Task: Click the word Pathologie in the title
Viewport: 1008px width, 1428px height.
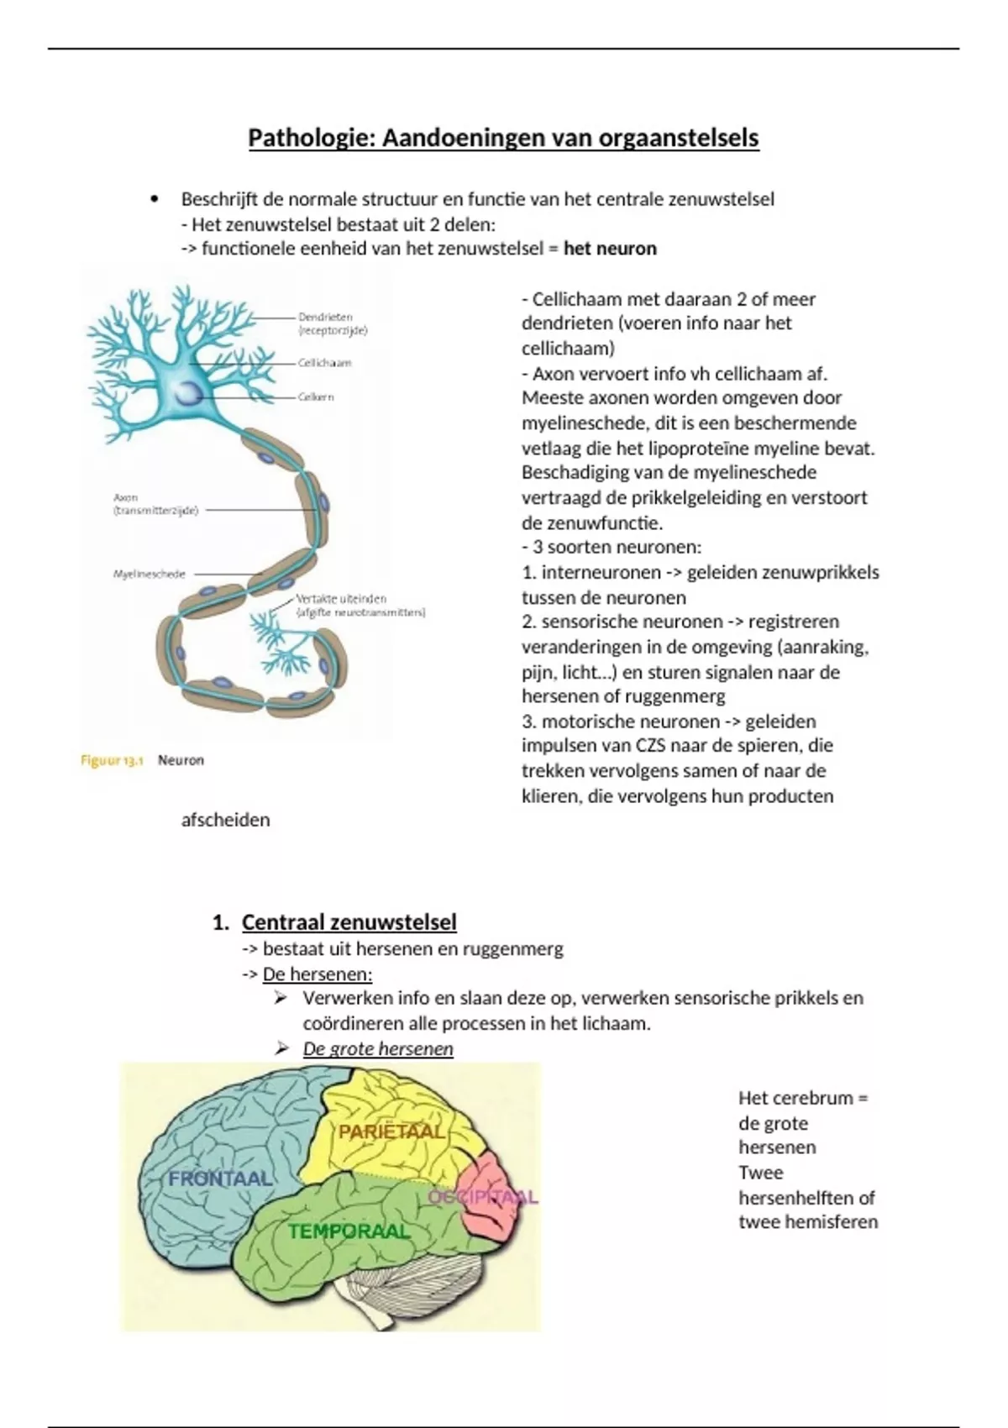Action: coord(311,138)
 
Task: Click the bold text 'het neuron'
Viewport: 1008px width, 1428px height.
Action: coord(610,249)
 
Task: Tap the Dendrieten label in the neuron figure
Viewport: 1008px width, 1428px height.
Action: coord(325,318)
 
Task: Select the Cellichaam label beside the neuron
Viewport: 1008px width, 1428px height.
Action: coord(324,363)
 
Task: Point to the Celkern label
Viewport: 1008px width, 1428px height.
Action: coord(316,396)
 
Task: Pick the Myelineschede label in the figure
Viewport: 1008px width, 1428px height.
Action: coord(149,575)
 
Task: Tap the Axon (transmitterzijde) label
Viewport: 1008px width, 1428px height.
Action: coord(155,504)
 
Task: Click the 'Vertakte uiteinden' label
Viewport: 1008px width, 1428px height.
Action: coord(341,599)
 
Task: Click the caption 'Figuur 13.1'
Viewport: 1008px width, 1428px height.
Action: coord(112,760)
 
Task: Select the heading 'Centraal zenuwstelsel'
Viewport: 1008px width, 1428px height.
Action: coord(349,922)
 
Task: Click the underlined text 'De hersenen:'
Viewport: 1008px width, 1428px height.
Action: coord(317,974)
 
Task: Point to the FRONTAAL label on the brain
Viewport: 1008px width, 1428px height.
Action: coord(220,1179)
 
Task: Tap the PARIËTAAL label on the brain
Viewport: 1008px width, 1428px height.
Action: coord(391,1132)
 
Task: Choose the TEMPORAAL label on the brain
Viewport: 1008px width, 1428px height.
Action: coord(349,1231)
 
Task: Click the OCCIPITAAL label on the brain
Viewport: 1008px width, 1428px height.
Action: coord(482,1197)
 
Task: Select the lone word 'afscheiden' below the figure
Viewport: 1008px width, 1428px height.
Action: coord(225,820)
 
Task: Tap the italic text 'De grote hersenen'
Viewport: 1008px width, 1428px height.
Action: coord(378,1049)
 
